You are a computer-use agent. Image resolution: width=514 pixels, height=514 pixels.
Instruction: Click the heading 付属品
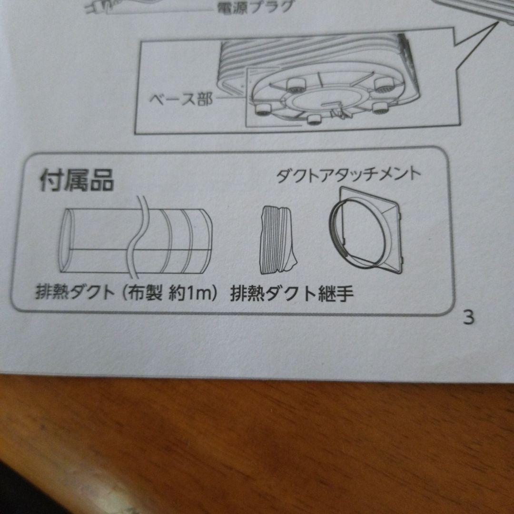click(x=77, y=180)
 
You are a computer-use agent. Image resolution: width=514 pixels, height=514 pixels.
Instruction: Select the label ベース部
click(x=181, y=99)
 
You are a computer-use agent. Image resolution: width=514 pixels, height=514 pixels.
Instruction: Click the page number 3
click(x=469, y=317)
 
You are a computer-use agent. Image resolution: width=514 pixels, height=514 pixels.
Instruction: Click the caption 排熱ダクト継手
click(x=292, y=293)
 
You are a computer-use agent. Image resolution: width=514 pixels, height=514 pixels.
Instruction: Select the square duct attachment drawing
click(x=366, y=230)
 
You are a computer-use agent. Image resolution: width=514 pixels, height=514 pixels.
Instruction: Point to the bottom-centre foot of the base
click(x=314, y=119)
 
